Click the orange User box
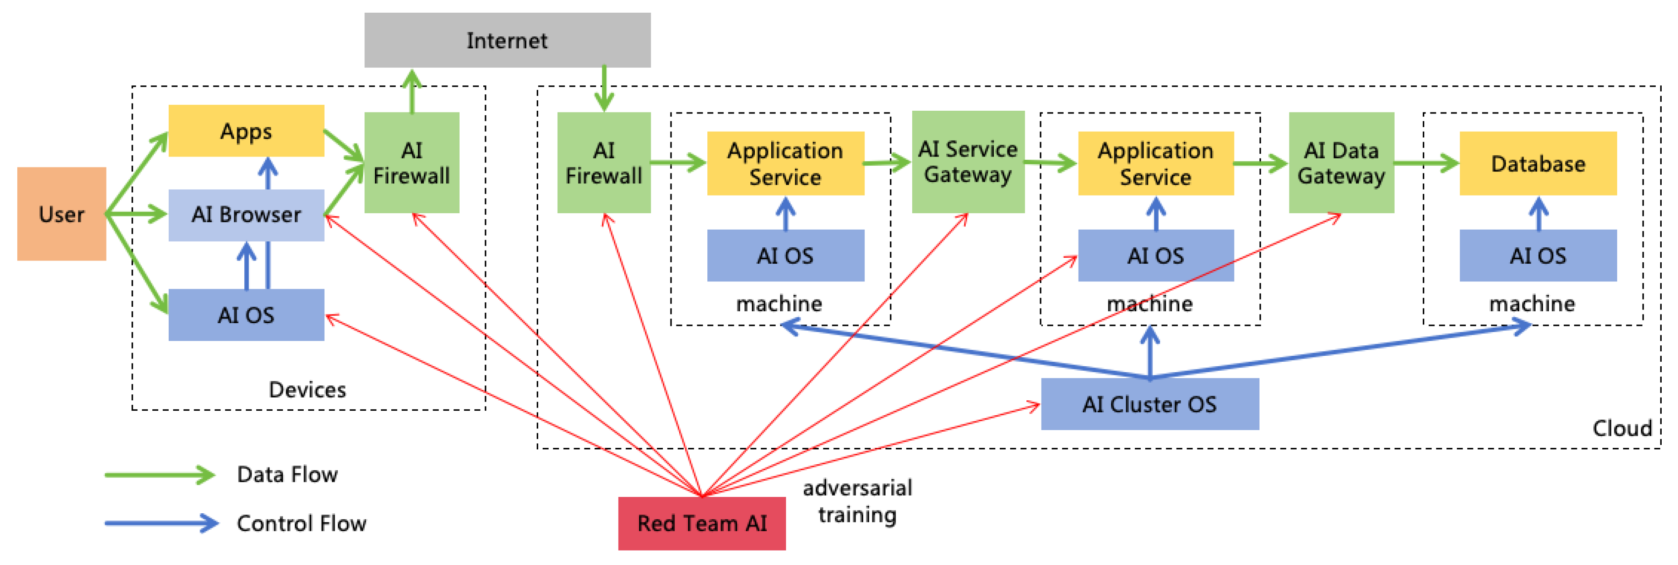(x=61, y=214)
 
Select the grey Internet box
(x=507, y=40)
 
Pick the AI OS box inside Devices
(x=246, y=315)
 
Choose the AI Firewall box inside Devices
(x=412, y=163)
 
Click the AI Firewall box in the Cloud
(x=604, y=163)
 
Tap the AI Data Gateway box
(x=1341, y=163)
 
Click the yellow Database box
(x=1538, y=163)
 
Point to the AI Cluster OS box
(x=1150, y=404)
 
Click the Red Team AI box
(x=701, y=523)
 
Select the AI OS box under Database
(x=1538, y=255)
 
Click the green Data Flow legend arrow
(x=160, y=474)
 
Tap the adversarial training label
(x=857, y=501)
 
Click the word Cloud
(x=1622, y=428)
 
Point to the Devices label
(x=307, y=390)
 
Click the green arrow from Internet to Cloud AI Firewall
(x=604, y=88)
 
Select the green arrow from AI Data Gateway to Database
(x=1426, y=163)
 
